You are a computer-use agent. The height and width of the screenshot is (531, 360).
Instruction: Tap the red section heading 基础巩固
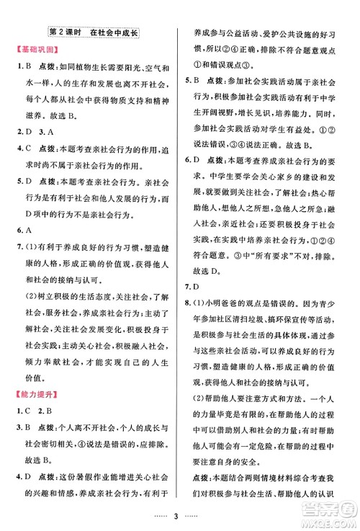tap(32, 51)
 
